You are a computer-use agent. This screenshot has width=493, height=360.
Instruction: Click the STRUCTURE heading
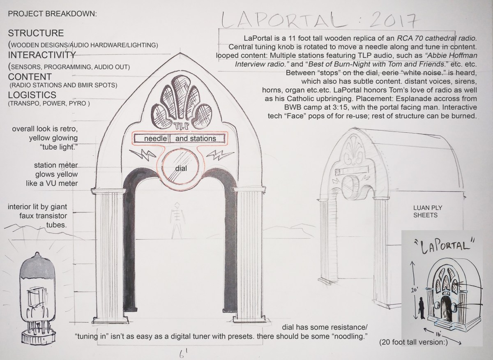point(36,33)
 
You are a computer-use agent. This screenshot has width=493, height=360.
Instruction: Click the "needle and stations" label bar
point(180,138)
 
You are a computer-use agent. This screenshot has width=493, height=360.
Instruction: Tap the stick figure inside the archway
point(177,219)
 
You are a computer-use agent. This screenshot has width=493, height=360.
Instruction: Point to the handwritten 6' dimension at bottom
point(180,353)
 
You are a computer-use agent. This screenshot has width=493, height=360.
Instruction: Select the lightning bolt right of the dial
point(216,156)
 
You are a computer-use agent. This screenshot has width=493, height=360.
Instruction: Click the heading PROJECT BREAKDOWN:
point(53,14)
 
